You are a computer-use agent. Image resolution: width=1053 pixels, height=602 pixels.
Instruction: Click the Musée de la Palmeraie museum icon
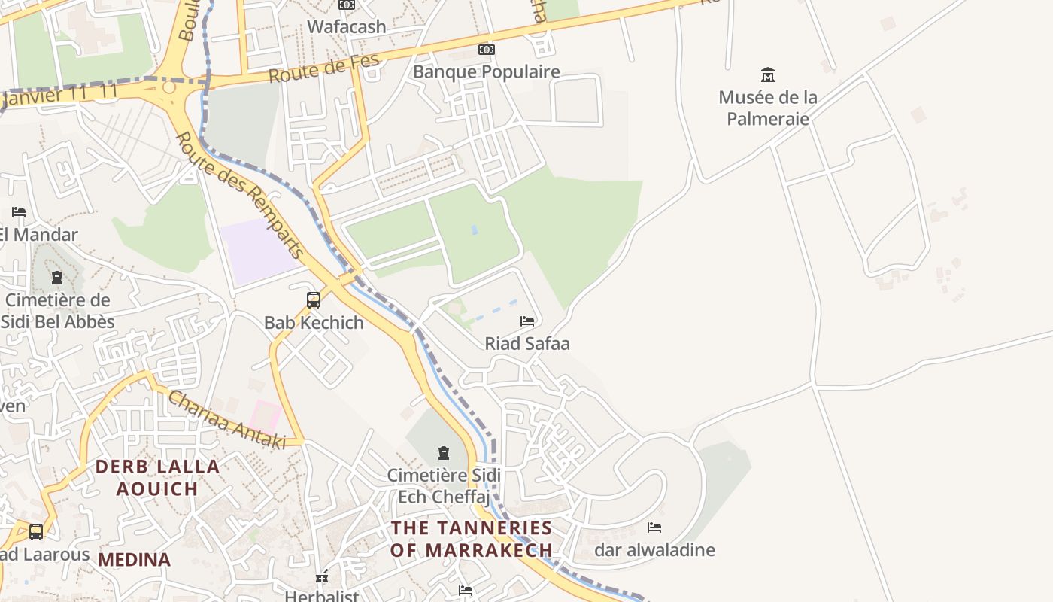768,74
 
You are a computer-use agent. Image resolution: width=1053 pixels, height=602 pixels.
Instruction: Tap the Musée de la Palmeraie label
768,108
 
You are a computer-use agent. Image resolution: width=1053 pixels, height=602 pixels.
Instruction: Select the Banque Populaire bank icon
487,50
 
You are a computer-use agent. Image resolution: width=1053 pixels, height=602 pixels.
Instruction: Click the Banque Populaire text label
487,72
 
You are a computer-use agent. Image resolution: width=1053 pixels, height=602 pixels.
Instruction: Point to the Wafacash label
347,26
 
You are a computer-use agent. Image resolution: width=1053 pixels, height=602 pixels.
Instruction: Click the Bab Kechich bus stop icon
314,300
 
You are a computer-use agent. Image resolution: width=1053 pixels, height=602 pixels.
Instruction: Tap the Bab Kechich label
314,323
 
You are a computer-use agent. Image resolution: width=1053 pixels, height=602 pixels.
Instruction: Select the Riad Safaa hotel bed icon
527,321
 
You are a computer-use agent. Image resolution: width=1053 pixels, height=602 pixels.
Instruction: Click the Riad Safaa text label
527,344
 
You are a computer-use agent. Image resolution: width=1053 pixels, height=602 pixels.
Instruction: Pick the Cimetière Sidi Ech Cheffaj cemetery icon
444,453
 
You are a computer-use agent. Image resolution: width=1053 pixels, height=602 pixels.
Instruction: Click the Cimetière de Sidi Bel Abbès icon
57,278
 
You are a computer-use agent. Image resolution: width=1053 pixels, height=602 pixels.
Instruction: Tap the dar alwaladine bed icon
654,528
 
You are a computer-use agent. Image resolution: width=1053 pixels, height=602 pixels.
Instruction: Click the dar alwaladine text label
654,550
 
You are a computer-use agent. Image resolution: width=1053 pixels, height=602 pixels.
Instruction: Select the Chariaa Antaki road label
226,420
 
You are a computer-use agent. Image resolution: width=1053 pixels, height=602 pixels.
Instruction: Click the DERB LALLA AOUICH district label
157,477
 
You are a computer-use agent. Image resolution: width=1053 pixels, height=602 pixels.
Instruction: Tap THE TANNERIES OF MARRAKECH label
472,539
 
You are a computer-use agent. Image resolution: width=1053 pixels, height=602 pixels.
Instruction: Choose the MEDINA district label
134,560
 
